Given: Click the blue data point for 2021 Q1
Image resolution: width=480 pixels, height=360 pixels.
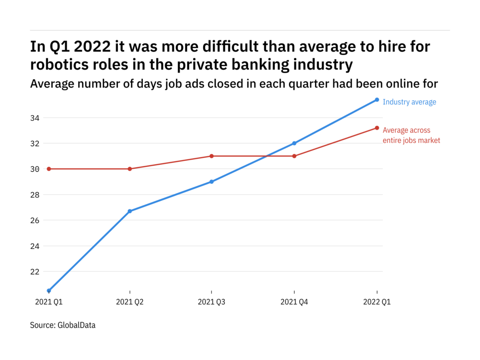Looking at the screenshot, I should [49, 291].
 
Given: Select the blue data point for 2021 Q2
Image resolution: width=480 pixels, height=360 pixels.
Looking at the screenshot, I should [130, 211].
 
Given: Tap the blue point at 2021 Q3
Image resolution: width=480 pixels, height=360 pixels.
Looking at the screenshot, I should [212, 181].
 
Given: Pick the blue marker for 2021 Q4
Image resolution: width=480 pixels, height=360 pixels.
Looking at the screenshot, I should [294, 143].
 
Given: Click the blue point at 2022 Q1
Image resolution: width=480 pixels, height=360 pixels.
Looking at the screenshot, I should [377, 99].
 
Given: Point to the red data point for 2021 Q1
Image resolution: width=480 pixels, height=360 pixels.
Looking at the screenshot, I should [49, 169].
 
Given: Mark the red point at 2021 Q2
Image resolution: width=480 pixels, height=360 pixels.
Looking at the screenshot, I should [130, 169].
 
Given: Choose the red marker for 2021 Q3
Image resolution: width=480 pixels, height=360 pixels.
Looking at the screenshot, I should [212, 156].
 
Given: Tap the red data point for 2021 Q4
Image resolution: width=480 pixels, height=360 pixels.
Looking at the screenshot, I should [294, 156].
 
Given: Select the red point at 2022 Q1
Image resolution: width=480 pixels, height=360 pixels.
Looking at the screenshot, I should [377, 128].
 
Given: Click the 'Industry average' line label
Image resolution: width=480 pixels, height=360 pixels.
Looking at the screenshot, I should [409, 102].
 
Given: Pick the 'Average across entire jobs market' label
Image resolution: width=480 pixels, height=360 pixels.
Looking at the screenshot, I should [411, 135].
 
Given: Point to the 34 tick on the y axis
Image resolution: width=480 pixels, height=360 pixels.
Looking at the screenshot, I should [35, 118].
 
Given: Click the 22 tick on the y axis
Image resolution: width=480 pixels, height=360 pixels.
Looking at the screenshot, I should [35, 271].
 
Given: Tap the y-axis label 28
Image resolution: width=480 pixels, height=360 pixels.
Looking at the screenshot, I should [35, 195].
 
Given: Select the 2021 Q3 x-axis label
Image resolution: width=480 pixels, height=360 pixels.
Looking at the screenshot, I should [212, 302].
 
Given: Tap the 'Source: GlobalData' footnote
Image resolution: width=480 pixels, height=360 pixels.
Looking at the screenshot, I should [63, 325].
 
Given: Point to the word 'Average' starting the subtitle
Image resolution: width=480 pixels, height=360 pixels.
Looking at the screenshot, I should [51, 84].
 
